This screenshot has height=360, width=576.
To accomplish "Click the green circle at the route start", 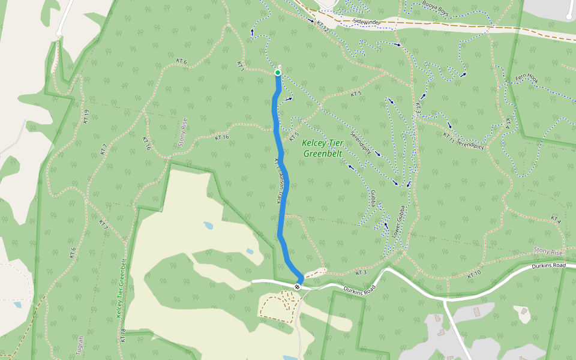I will pos(278,73).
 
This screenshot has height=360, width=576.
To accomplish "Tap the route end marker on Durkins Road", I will pos(297,287).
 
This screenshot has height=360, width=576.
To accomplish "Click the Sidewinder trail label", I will pos(367,22).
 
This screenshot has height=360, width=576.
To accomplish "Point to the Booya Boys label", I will pos(434,11).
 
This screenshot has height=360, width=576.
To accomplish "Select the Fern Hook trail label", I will pos(527,79).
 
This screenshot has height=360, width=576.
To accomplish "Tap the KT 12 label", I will pos(323,26).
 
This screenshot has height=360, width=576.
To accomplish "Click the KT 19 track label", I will pos(86,116).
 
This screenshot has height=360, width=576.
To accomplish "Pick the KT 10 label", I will pos(474,274).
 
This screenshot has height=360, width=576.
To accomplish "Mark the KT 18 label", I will pos(123,335).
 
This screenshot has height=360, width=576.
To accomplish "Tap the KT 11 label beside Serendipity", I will pos(448,137).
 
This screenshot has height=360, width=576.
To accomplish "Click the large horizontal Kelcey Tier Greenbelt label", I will pos(322,148).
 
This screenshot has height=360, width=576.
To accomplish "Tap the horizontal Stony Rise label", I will pos(548,251).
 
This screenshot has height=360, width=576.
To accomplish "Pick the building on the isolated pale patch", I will pos(524,311).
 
